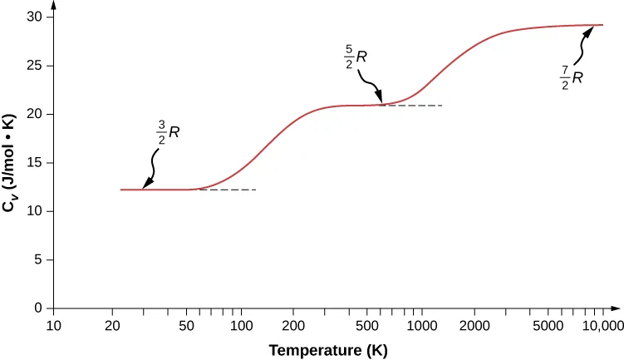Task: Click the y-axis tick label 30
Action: [x=37, y=17]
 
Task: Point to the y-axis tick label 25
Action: [x=37, y=66]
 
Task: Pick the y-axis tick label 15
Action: [x=37, y=163]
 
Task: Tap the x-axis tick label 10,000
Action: [x=601, y=325]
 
